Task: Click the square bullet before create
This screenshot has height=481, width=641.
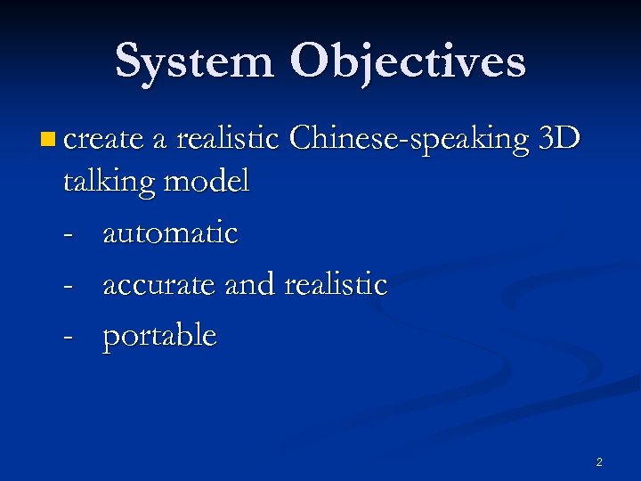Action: pyautogui.click(x=47, y=139)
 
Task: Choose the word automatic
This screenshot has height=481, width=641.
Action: pyautogui.click(x=170, y=233)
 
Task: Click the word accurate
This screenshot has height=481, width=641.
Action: pyautogui.click(x=160, y=285)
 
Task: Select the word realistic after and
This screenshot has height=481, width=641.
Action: pyautogui.click(x=336, y=285)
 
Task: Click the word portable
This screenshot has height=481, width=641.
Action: pyautogui.click(x=159, y=337)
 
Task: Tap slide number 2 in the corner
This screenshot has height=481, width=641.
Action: pyautogui.click(x=598, y=461)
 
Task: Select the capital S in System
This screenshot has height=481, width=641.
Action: pyautogui.click(x=130, y=62)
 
